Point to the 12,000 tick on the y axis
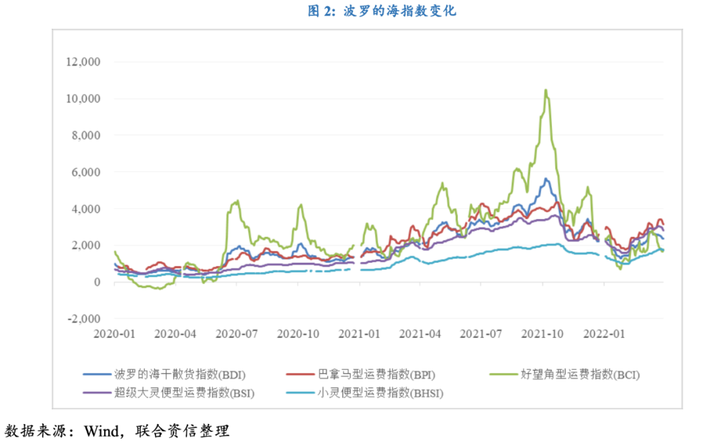(x=82, y=62)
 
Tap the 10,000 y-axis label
(x=82, y=99)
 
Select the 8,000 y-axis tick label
(x=85, y=136)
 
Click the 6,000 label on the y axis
(x=85, y=172)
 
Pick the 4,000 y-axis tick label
(x=85, y=209)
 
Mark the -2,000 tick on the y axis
(x=83, y=319)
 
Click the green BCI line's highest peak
(x=545, y=90)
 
